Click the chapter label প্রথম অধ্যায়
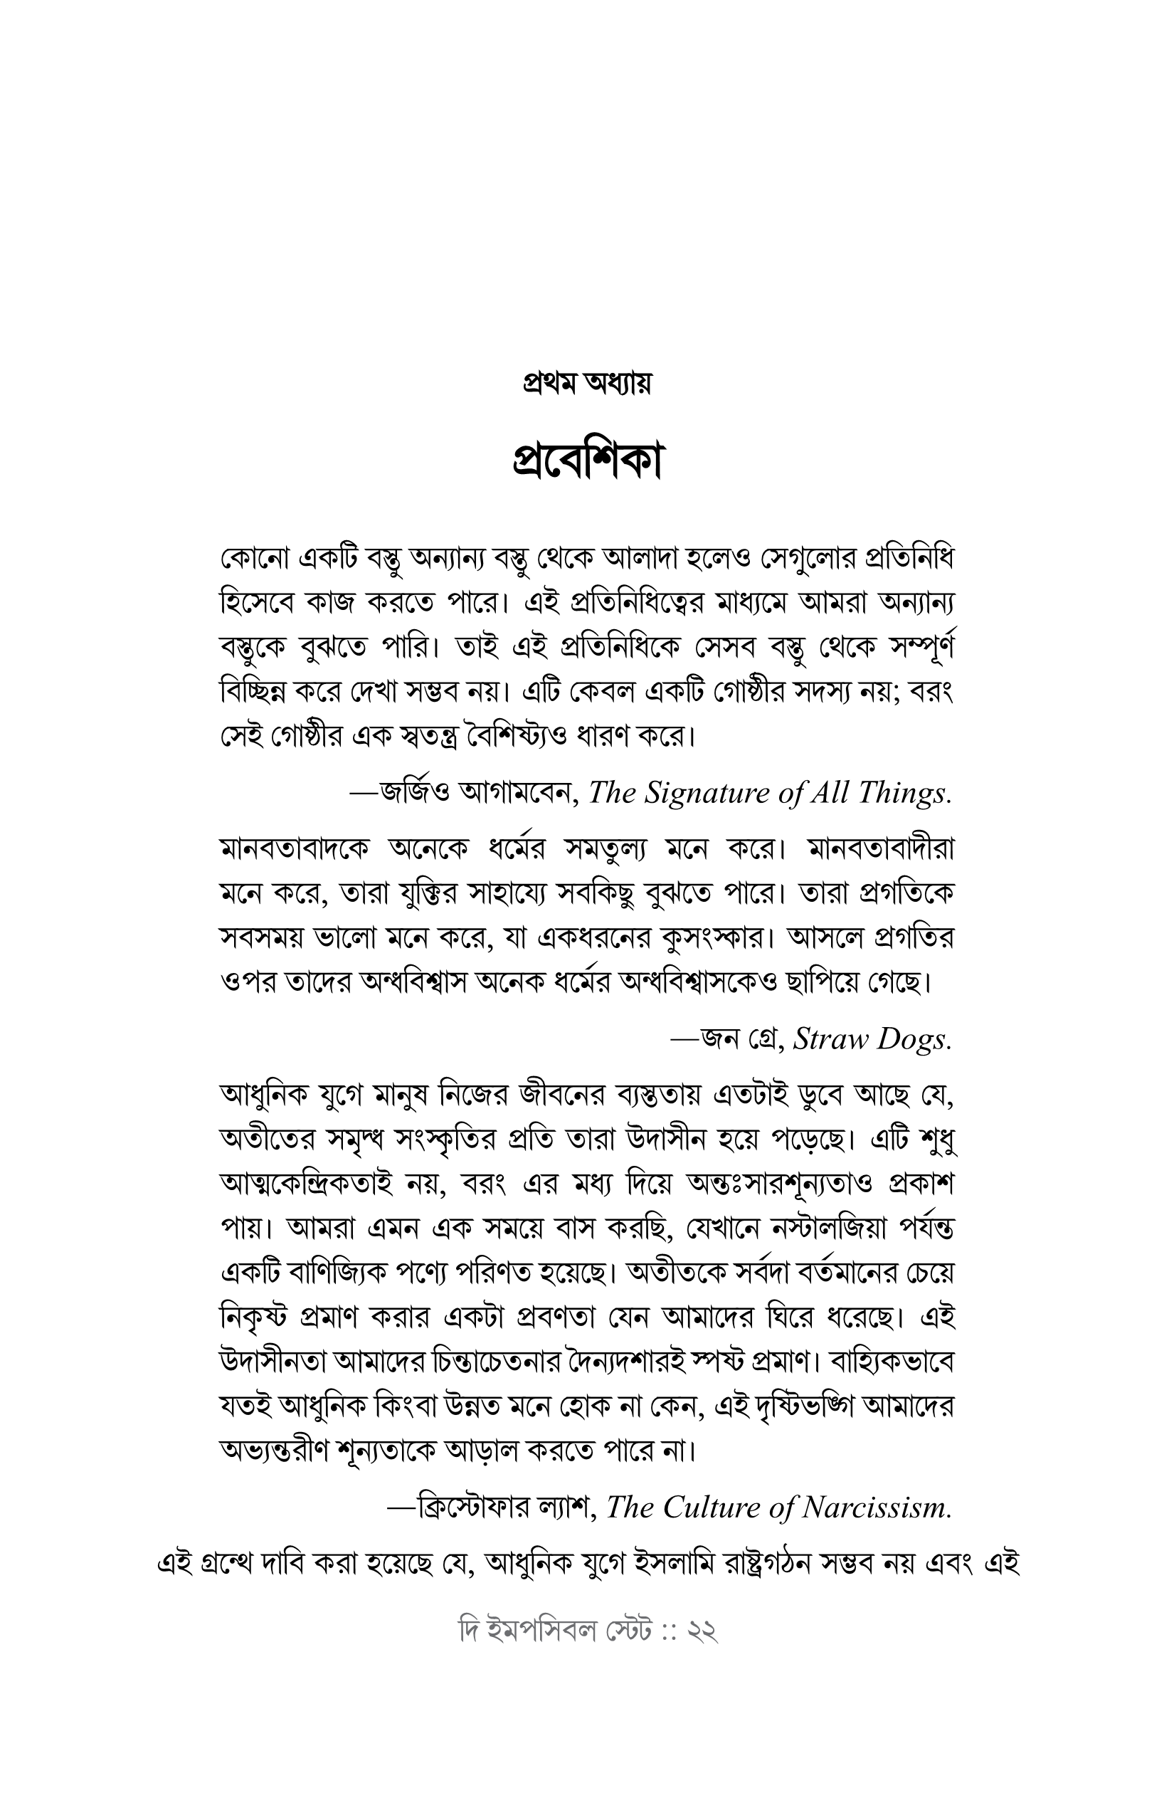pos(586,383)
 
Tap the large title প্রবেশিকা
pos(586,461)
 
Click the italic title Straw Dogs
pos(872,1038)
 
